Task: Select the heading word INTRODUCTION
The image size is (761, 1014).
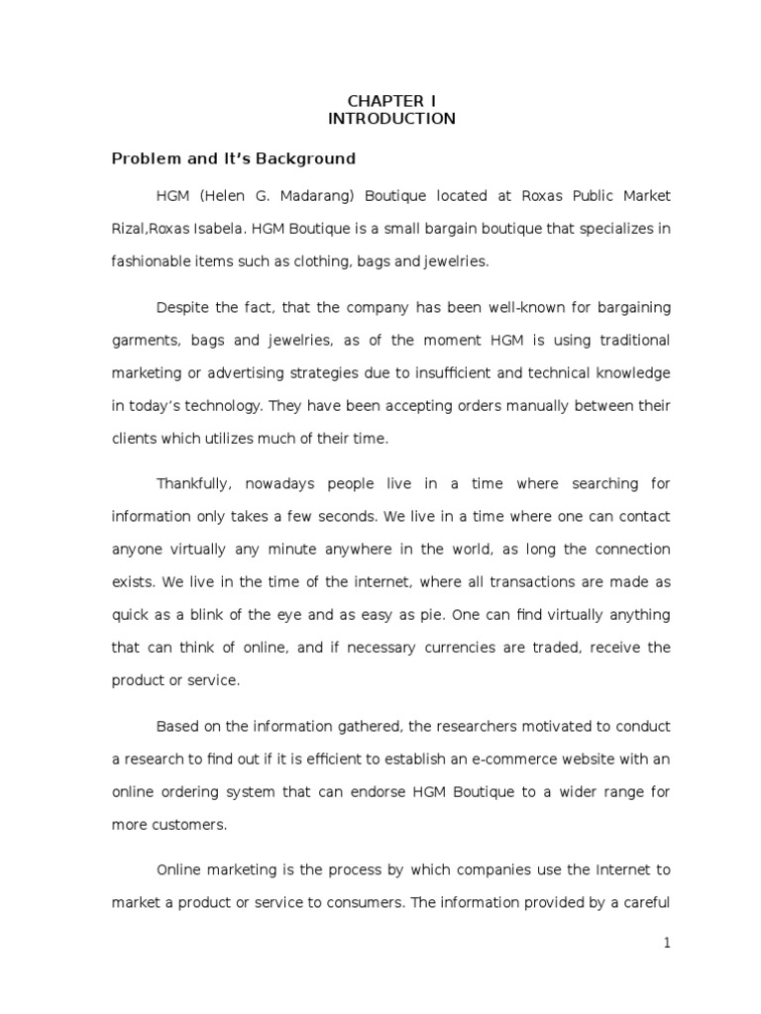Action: point(391,119)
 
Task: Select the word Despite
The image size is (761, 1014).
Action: point(181,308)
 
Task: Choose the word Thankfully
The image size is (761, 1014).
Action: point(194,484)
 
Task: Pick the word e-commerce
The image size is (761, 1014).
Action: point(508,759)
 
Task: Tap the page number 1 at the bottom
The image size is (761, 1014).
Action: point(667,944)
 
